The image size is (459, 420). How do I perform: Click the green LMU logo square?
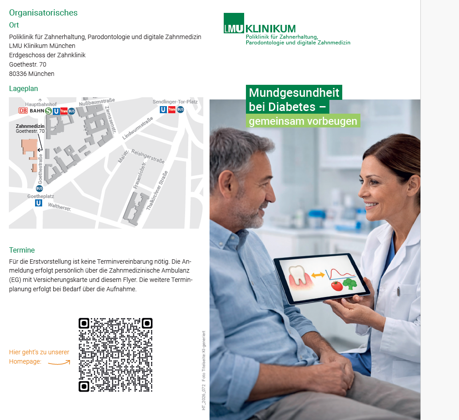pos(234,23)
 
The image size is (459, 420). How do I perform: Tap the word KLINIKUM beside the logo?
pos(270,29)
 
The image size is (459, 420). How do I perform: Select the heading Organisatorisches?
pos(44,12)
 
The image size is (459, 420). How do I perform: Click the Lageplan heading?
pos(24,88)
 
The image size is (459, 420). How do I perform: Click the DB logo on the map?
pos(23,111)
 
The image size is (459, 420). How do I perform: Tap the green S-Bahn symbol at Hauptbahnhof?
pos(48,111)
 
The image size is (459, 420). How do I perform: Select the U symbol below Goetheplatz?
pos(39,203)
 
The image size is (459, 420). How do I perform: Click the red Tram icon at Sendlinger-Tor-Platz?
pos(172,110)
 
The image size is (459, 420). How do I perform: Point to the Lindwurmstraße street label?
pos(138,128)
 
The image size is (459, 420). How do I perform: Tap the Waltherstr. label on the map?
pos(59,207)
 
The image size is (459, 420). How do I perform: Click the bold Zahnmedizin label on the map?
pos(30,126)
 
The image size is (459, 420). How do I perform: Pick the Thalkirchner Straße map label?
pos(157,190)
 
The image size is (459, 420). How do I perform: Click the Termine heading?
pos(22,250)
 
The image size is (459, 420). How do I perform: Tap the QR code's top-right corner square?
pos(147,323)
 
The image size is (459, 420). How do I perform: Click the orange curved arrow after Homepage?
pos(59,363)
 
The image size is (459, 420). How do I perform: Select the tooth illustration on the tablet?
pos(298,275)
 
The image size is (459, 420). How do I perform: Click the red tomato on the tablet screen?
pos(337,285)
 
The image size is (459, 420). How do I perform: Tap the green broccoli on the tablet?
pos(350,284)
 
